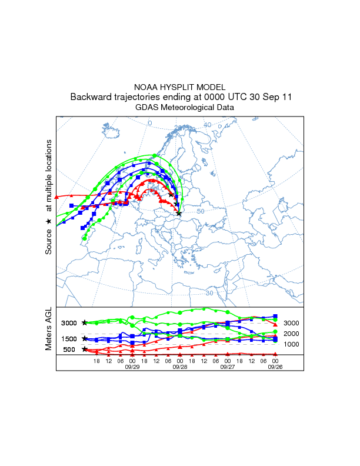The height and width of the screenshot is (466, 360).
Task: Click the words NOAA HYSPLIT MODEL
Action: (x=180, y=87)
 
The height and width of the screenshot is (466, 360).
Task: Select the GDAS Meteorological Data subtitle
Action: (x=180, y=108)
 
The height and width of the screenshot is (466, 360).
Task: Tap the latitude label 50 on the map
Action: (x=200, y=211)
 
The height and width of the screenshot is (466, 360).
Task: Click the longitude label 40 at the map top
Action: (x=208, y=125)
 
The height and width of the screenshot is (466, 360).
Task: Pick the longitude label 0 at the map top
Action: (x=149, y=123)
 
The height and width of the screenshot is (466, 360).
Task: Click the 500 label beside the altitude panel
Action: (x=69, y=349)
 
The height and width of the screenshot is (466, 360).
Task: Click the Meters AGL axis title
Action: (x=49, y=330)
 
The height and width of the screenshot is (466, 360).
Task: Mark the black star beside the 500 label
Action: (x=85, y=349)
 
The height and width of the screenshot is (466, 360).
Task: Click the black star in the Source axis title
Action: (x=49, y=221)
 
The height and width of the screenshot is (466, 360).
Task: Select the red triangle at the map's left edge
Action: (x=56, y=196)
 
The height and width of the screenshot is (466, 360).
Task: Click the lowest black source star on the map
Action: (x=179, y=214)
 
